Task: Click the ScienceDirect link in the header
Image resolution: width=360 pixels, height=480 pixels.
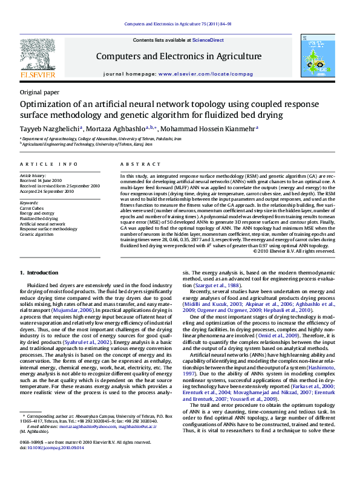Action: pyautogui.click(x=208, y=40)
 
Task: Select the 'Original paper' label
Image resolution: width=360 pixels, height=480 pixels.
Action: pyautogui.click(x=40, y=92)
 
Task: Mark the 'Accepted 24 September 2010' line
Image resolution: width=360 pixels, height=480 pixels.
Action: pyautogui.click(x=47, y=191)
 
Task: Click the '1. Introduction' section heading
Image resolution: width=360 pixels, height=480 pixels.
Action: pyautogui.click(x=39, y=273)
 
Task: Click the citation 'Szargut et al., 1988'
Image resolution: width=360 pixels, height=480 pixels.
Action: pyautogui.click(x=216, y=285)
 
